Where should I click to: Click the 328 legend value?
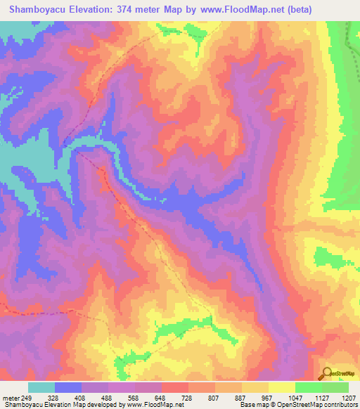point(54,396)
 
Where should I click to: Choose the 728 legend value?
point(188,396)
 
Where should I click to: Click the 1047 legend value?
point(295,396)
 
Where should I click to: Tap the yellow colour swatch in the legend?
point(281,387)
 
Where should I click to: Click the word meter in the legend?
point(12,396)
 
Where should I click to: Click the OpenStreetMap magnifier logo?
point(327,372)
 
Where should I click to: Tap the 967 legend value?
point(269,396)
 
